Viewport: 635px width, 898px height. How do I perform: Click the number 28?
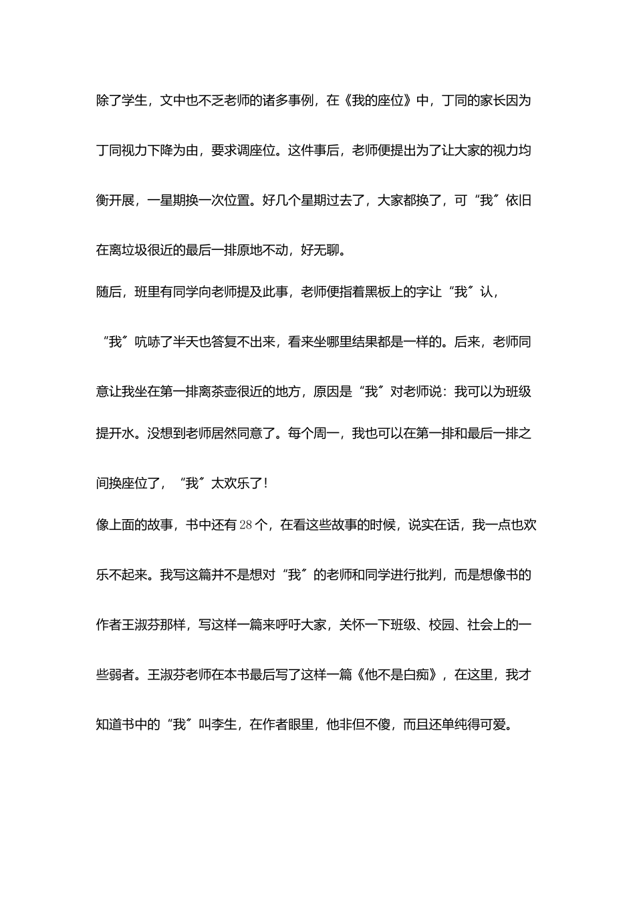245,525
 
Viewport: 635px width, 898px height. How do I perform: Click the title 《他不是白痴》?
397,675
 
